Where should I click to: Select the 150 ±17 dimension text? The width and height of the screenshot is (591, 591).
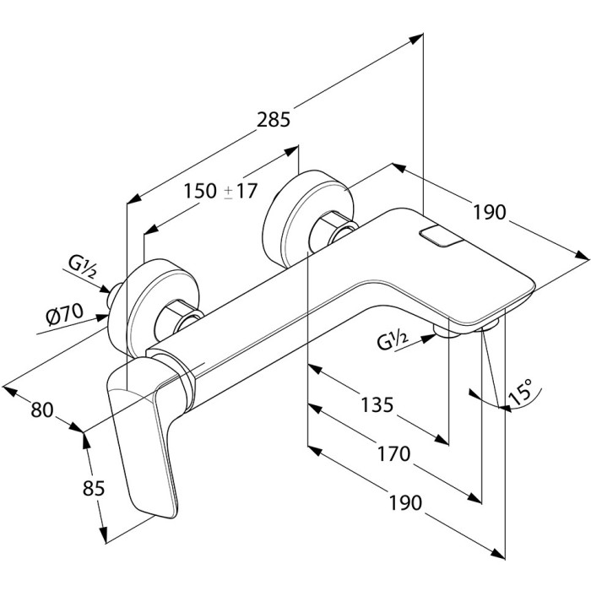click(x=220, y=192)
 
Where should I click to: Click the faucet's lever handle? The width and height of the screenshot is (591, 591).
click(x=144, y=439)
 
